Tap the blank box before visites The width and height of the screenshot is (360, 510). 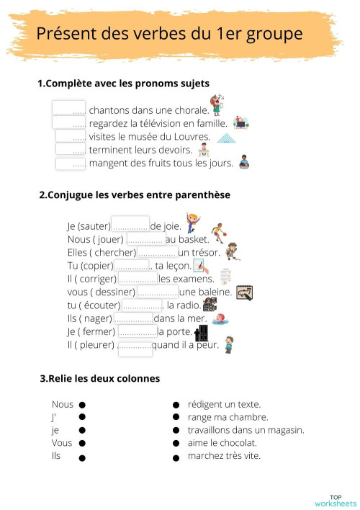71,136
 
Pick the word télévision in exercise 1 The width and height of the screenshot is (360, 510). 168,123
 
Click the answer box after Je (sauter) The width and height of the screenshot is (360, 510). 130,225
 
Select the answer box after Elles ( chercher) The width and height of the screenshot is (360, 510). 157,251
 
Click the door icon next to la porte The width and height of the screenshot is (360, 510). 202,333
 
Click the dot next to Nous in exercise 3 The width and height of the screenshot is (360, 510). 82,405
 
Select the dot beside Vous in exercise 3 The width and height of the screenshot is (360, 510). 82,444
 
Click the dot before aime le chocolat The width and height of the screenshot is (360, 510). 176,444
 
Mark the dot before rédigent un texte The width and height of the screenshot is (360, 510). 176,405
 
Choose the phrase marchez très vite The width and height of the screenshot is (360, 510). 224,456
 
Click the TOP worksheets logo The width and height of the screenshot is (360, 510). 335,499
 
